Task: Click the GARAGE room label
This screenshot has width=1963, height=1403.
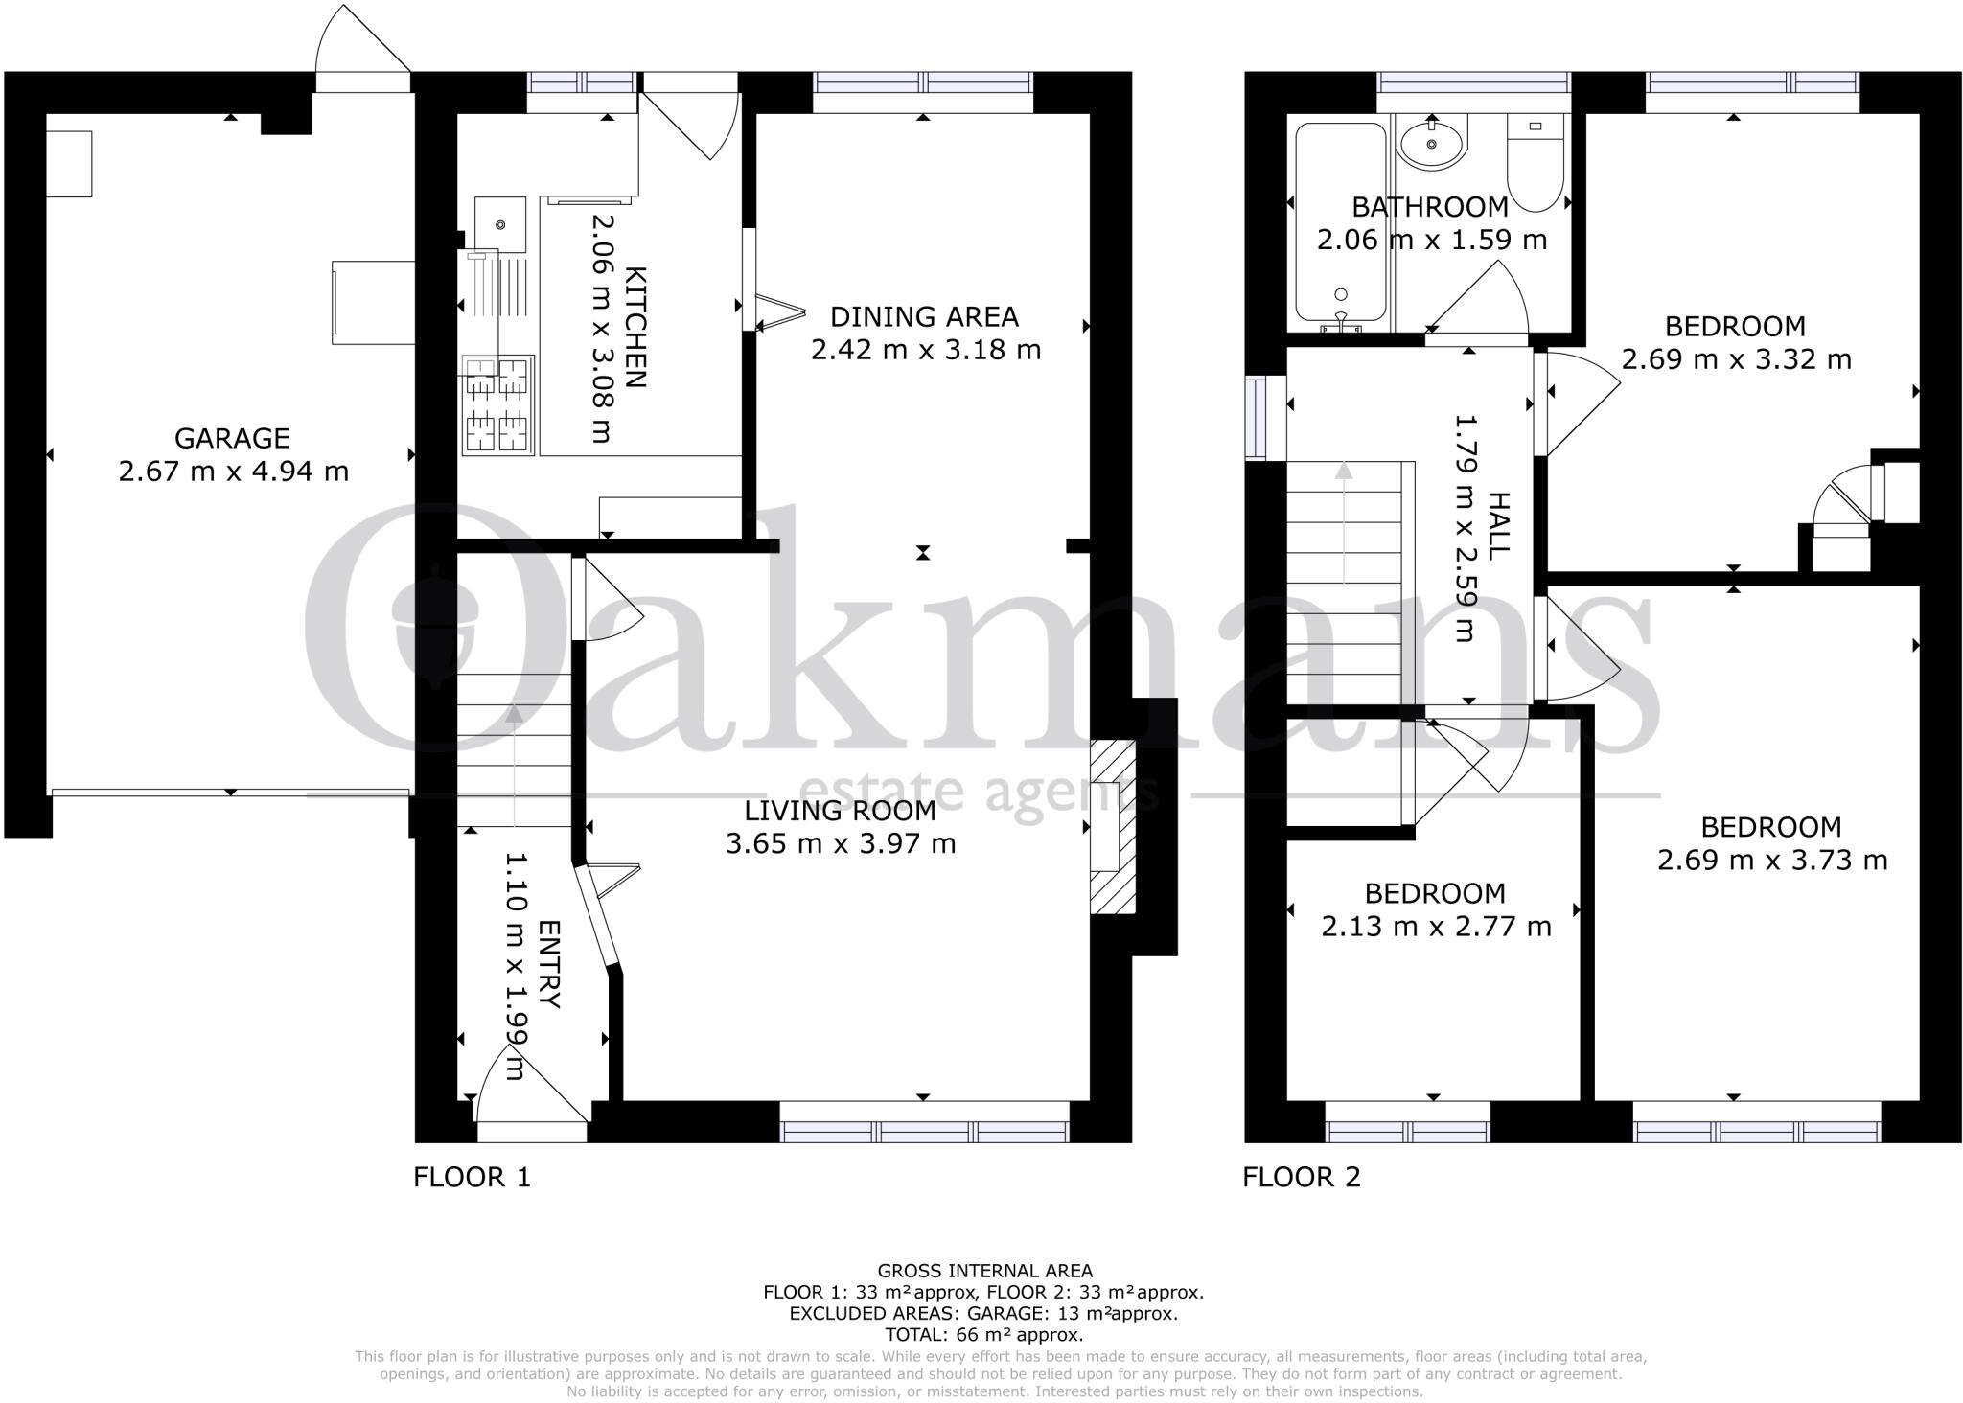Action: (x=232, y=438)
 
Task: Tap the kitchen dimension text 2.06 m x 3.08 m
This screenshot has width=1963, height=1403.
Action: (x=601, y=328)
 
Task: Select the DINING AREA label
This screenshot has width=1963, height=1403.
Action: (x=923, y=316)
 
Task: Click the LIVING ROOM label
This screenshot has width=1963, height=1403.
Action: (x=840, y=811)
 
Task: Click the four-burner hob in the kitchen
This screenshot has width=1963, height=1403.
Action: (x=497, y=403)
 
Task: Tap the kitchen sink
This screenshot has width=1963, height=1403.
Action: (x=499, y=224)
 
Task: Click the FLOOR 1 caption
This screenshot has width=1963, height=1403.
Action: (x=472, y=1177)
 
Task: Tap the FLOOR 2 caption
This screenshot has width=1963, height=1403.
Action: (x=1301, y=1177)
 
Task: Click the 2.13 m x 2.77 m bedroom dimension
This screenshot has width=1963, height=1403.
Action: (x=1435, y=927)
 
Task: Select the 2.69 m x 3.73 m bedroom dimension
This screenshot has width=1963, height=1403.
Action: (x=1771, y=860)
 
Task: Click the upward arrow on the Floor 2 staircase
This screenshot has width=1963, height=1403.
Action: (x=1344, y=471)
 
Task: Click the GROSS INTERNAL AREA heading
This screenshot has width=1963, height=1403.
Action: (x=984, y=1272)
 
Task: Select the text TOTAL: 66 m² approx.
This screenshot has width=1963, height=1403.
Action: (x=984, y=1334)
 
